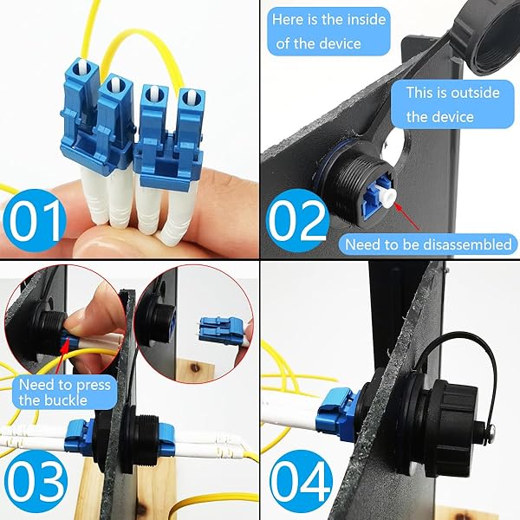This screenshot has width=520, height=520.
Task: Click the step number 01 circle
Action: click(35, 220)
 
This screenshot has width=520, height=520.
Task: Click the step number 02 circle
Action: click(297, 220)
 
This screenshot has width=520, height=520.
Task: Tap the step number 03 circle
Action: click(36, 481)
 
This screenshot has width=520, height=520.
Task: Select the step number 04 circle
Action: click(301, 481)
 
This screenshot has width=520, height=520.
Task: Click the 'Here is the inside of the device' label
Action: click(328, 31)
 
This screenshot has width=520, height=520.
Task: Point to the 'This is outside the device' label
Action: click(452, 104)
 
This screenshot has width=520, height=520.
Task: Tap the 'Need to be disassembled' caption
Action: click(428, 244)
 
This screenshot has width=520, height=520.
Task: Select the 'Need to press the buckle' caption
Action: click(65, 393)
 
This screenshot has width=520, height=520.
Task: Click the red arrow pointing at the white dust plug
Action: click(407, 217)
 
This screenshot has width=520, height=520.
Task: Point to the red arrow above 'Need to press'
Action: click(62, 357)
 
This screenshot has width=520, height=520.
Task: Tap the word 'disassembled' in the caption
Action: click(468, 244)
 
